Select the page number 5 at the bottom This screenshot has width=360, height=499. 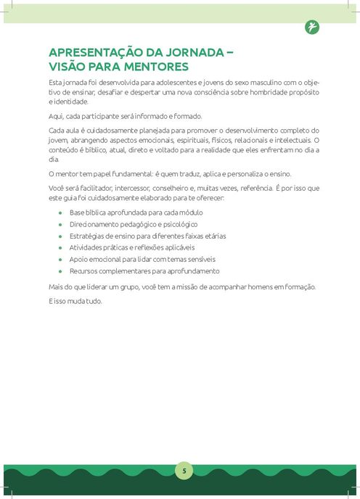[184, 471]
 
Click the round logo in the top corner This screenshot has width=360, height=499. [312, 28]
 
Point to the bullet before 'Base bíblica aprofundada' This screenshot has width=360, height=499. [60, 213]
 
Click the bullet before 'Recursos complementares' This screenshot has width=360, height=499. [60, 271]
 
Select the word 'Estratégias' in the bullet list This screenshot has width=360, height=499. [87, 236]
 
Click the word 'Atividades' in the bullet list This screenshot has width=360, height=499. [86, 248]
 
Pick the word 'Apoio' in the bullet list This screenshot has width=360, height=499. [78, 260]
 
